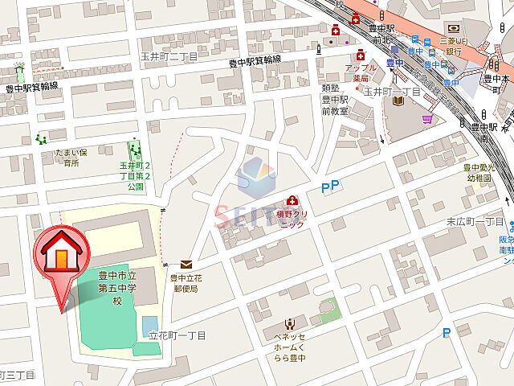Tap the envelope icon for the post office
tap(186, 264)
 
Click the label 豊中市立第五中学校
tap(116, 288)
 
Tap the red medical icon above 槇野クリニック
tap(292, 200)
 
